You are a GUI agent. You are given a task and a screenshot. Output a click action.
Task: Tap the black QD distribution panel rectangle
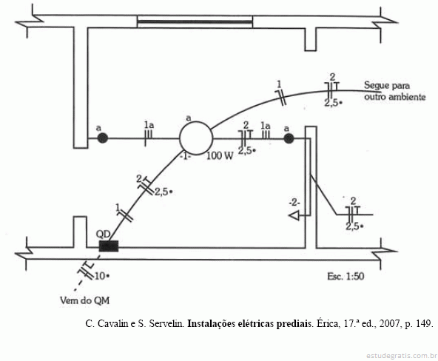click(x=109, y=246)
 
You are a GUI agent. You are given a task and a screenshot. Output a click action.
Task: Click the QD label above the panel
click(x=103, y=234)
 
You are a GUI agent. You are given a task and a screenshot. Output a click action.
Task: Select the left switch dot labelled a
click(x=103, y=138)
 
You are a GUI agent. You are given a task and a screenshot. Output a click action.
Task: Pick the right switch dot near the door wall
click(x=289, y=138)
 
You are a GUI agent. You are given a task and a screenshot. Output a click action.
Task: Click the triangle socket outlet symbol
click(x=294, y=216)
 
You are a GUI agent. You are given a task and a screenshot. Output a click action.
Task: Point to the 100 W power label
click(x=220, y=156)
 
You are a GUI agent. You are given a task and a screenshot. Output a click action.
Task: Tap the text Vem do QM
click(x=84, y=300)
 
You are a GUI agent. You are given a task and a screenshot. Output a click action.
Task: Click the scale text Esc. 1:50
click(x=346, y=277)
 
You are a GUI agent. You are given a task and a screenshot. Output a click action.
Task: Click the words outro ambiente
click(x=395, y=97)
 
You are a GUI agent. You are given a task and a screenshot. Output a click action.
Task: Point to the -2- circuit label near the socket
click(x=294, y=203)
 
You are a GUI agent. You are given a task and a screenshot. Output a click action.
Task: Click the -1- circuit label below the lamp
click(x=186, y=156)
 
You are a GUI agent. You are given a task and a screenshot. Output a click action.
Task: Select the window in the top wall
click(x=195, y=21)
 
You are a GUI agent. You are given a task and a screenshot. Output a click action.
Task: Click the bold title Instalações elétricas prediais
click(x=249, y=323)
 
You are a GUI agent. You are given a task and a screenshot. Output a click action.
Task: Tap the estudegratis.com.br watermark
click(x=402, y=356)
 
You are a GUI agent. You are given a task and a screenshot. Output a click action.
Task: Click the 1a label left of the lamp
click(x=149, y=125)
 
